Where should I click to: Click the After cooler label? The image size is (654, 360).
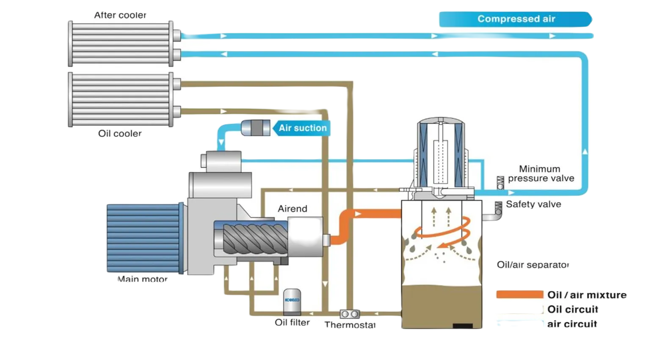[120, 15]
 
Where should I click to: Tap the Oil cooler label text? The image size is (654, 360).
[120, 134]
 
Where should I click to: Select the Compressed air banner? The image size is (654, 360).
[516, 19]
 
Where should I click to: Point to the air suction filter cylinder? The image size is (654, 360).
[255, 128]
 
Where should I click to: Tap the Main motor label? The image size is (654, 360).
[142, 279]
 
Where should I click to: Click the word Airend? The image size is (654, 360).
[293, 209]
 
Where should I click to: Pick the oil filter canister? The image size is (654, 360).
[292, 301]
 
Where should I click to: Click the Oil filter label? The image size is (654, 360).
[292, 323]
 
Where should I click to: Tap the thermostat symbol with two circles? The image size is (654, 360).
[350, 314]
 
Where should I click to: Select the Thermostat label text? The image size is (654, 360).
[350, 325]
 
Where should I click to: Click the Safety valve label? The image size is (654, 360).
[533, 204]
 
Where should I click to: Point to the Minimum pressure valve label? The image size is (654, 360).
[541, 174]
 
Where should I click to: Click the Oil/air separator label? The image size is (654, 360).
[533, 265]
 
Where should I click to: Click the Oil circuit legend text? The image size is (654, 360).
[573, 309]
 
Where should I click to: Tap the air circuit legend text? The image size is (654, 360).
[572, 324]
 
